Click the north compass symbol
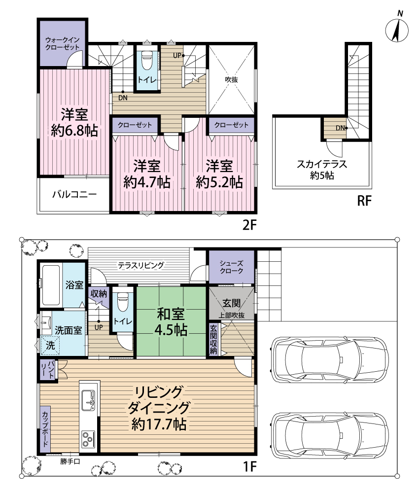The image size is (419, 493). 397,29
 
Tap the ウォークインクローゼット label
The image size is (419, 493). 62,44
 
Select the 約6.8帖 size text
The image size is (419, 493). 74,130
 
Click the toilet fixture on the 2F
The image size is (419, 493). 147,60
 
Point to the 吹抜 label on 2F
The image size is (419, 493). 231,79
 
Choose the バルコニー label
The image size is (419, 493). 74,194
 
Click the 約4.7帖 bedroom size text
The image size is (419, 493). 147,182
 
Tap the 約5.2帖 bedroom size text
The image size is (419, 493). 219,182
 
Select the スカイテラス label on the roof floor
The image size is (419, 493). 322,164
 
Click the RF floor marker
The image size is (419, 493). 364,200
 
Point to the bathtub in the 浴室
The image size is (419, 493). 51,285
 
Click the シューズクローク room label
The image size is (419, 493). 231,267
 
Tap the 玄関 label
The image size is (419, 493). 231,303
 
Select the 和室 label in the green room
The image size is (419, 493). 171,314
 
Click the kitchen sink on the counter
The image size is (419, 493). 88,400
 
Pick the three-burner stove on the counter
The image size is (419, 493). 88,439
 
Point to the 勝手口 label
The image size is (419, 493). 70,461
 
